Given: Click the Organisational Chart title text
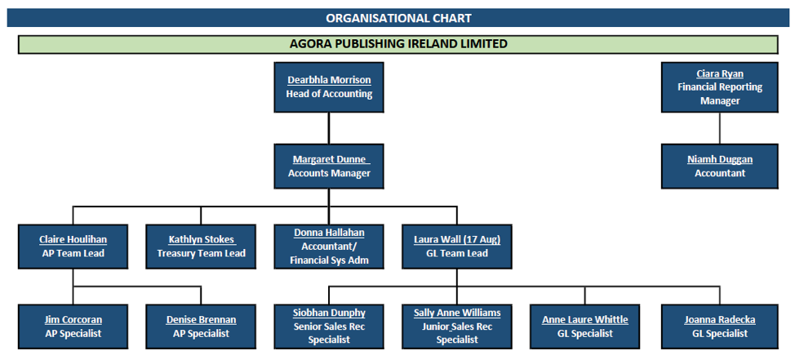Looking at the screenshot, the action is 398,18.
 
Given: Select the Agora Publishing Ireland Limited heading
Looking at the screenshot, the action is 398,44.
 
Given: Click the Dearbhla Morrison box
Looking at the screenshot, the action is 329,87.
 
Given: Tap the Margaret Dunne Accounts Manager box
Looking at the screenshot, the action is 329,167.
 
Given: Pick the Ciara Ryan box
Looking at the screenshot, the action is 719,87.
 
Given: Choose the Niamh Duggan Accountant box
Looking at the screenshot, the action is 719,167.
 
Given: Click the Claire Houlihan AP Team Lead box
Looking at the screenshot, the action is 73,247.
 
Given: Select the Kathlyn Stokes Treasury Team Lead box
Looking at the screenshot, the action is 201,247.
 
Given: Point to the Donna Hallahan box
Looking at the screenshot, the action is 329,247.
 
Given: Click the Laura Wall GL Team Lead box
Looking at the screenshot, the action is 457,247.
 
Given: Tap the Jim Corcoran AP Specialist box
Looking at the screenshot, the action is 73,327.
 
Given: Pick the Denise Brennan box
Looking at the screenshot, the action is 201,327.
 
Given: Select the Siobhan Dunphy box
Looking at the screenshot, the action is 329,327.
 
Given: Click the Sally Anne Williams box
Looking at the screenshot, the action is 457,327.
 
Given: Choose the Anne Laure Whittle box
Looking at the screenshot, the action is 584,327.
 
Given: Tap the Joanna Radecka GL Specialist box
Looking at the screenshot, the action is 719,327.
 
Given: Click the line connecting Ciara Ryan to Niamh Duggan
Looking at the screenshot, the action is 719,128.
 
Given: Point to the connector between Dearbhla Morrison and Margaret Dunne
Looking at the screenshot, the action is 329,128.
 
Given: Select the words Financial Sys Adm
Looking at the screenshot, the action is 329,260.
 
